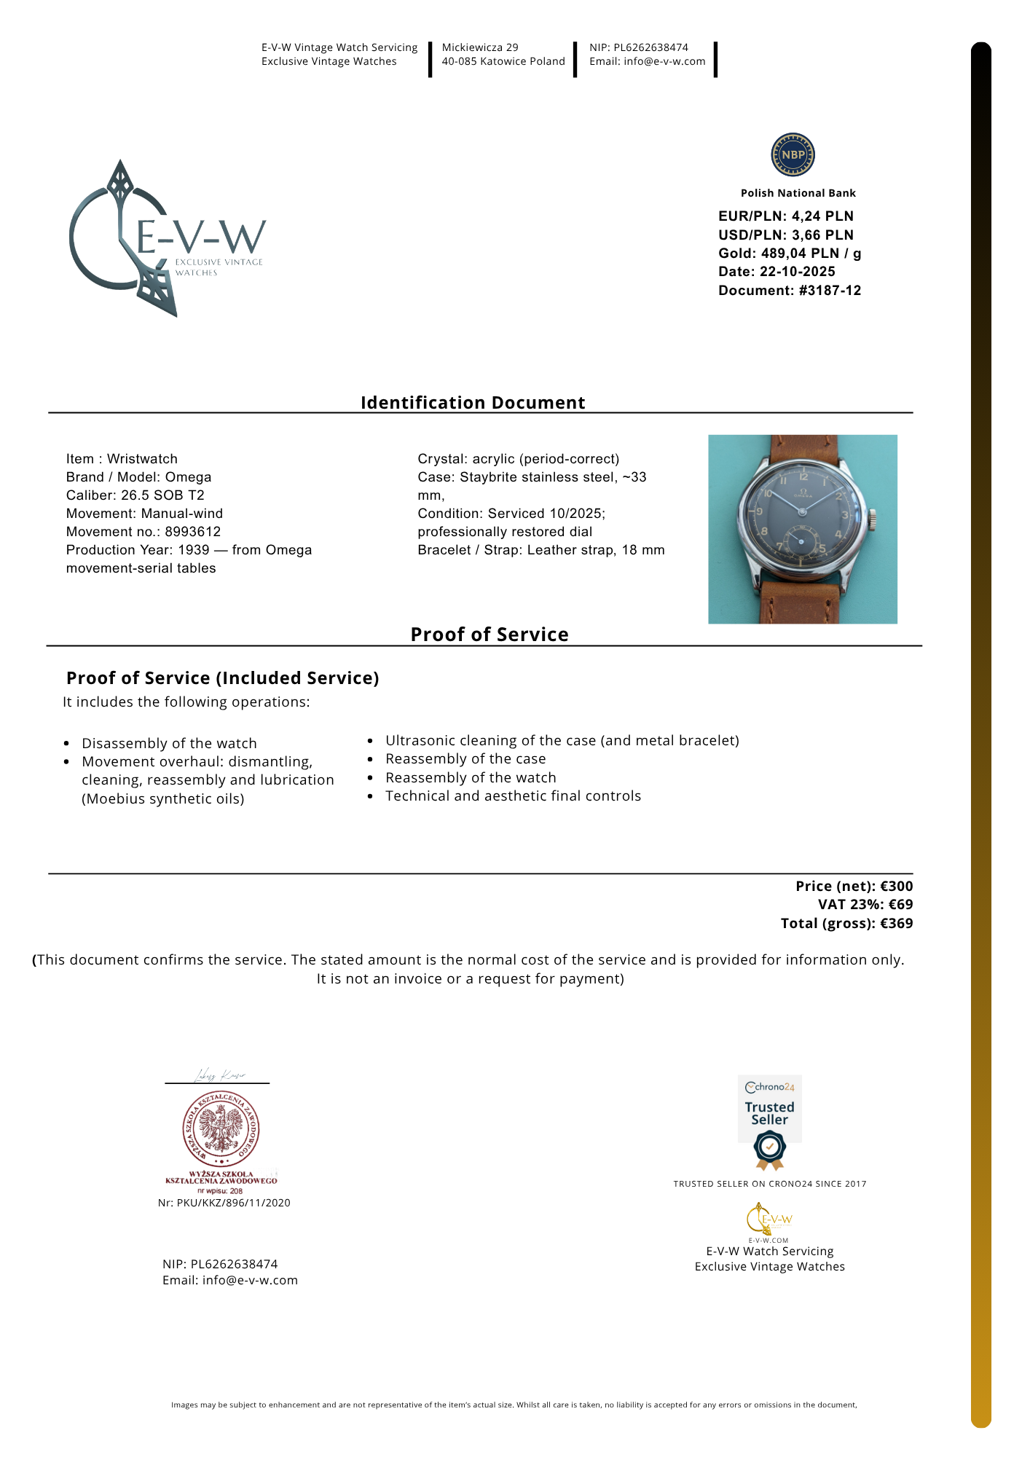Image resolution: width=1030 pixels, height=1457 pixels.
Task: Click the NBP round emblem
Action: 793,154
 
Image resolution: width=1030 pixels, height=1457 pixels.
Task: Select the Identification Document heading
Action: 473,403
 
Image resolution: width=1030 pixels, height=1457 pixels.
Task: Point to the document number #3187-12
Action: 830,291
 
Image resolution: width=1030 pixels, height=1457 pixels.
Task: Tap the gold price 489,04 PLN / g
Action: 811,254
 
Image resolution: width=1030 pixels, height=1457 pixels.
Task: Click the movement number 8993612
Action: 192,532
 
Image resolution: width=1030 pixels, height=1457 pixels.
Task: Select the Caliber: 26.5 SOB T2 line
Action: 135,495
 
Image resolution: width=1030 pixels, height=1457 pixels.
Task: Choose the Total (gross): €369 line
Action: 846,924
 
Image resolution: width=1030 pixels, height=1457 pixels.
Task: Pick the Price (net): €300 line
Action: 854,887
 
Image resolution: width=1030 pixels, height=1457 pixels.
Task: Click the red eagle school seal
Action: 221,1129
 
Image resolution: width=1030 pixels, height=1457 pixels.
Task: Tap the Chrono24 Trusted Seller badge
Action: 769,1121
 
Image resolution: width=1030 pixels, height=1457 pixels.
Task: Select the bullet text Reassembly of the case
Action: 465,759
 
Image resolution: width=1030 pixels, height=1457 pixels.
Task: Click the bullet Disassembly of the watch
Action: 169,744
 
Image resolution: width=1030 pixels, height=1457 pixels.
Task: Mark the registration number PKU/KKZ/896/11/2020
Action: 233,1203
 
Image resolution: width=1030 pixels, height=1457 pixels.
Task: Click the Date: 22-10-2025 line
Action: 777,272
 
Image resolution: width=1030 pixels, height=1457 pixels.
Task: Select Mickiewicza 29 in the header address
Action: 480,47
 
